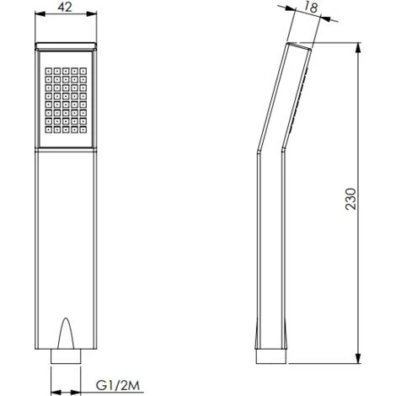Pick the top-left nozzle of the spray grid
pyautogui.click(x=45, y=62)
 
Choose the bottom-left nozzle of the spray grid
pyautogui.click(x=45, y=131)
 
